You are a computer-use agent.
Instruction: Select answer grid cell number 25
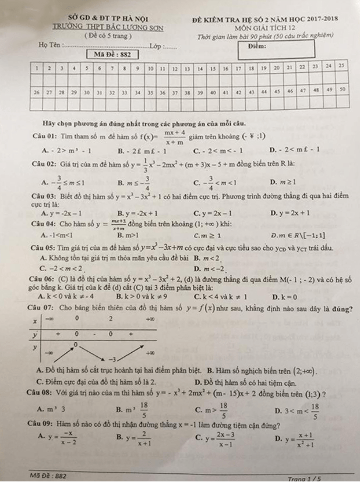pyautogui.click(x=342, y=66)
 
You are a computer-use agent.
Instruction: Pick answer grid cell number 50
pyautogui.click(x=343, y=90)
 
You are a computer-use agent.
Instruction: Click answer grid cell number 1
pyautogui.click(x=36, y=68)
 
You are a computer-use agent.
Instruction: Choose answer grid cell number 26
pyautogui.click(x=36, y=92)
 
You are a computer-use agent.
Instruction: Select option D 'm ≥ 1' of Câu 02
pyautogui.click(x=286, y=183)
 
